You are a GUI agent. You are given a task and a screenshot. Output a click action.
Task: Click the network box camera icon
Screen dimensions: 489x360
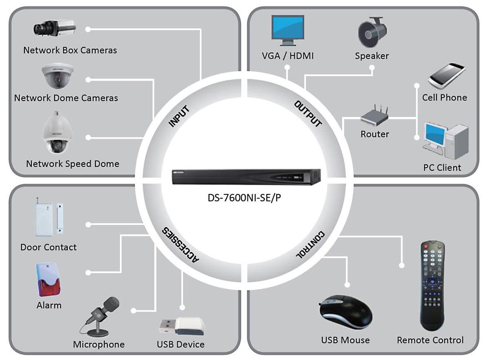55,29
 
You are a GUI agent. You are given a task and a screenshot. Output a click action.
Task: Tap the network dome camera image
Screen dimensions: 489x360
57,75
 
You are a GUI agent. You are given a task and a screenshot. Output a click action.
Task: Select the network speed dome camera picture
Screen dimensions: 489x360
57,132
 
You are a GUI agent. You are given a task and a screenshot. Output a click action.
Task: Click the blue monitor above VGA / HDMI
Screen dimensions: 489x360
288,30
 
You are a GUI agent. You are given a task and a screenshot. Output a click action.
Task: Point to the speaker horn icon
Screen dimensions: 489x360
372,32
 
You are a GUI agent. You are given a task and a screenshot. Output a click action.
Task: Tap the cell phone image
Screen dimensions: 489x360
447,76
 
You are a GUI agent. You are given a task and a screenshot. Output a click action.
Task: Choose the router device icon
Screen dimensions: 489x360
374,115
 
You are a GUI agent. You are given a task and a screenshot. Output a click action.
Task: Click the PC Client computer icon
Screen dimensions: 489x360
445,141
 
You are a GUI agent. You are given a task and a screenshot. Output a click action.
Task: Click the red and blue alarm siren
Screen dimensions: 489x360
48,280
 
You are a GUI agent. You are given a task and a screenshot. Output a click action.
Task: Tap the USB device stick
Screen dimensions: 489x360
182,326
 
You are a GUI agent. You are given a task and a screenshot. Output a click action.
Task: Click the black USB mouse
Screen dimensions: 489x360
346,312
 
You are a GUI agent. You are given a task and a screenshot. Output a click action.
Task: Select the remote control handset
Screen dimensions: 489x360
432,286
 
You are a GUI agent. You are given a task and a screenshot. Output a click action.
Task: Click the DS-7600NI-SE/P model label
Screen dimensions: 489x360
244,198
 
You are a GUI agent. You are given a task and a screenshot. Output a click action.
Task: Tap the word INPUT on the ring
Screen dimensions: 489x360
179,116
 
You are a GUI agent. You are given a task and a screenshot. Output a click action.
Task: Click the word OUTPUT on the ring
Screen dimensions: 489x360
308,114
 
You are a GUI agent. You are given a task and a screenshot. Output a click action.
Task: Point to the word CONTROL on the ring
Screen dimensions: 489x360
310,245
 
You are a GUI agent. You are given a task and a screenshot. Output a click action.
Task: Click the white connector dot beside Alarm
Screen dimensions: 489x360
88,272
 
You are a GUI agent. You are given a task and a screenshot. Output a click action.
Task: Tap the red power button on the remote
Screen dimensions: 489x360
426,246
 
